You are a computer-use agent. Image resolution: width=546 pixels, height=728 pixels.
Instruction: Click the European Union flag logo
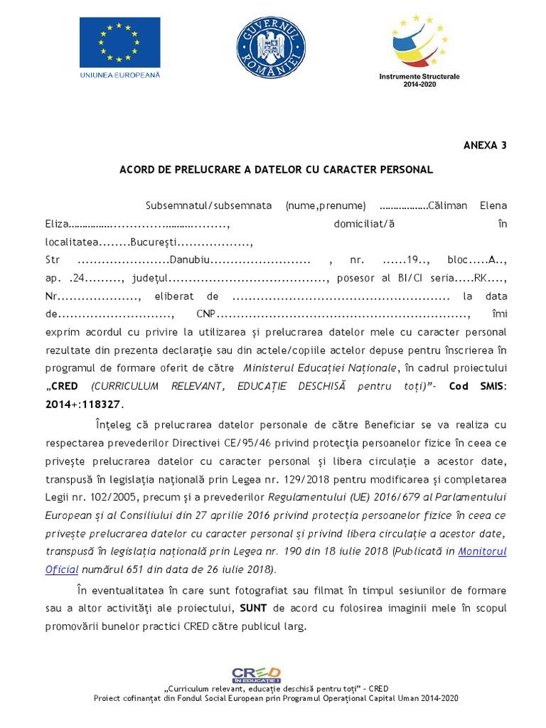pyautogui.click(x=119, y=41)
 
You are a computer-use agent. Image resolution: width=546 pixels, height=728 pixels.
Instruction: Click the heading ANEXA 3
pyautogui.click(x=485, y=145)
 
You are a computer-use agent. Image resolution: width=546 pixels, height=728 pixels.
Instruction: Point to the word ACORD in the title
pyautogui.click(x=136, y=170)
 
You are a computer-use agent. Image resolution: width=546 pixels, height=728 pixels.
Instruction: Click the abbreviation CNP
pyautogui.click(x=206, y=314)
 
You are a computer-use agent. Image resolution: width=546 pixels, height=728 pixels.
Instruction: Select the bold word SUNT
pyautogui.click(x=254, y=609)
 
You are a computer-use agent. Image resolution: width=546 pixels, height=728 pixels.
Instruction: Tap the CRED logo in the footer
pyautogui.click(x=256, y=675)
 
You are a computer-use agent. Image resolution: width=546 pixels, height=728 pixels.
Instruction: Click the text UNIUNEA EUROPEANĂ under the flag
pyautogui.click(x=120, y=74)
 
